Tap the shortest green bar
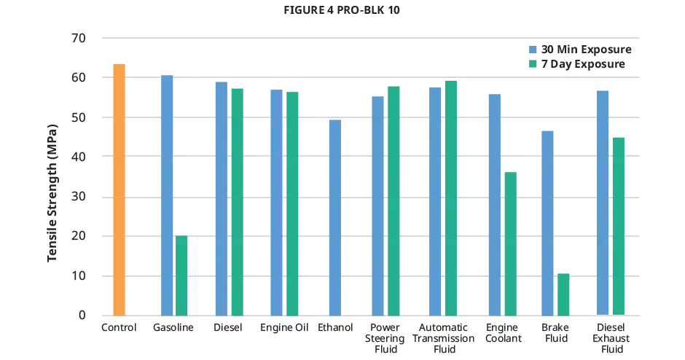[563, 294]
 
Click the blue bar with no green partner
[334, 218]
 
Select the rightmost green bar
[619, 226]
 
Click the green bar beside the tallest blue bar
[181, 276]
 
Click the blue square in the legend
[533, 52]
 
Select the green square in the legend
[533, 63]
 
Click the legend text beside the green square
[583, 63]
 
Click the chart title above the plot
[342, 12]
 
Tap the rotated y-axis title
[52, 191]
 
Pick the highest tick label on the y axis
[79, 37]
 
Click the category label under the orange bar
[119, 327]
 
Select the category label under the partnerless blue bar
[334, 327]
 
